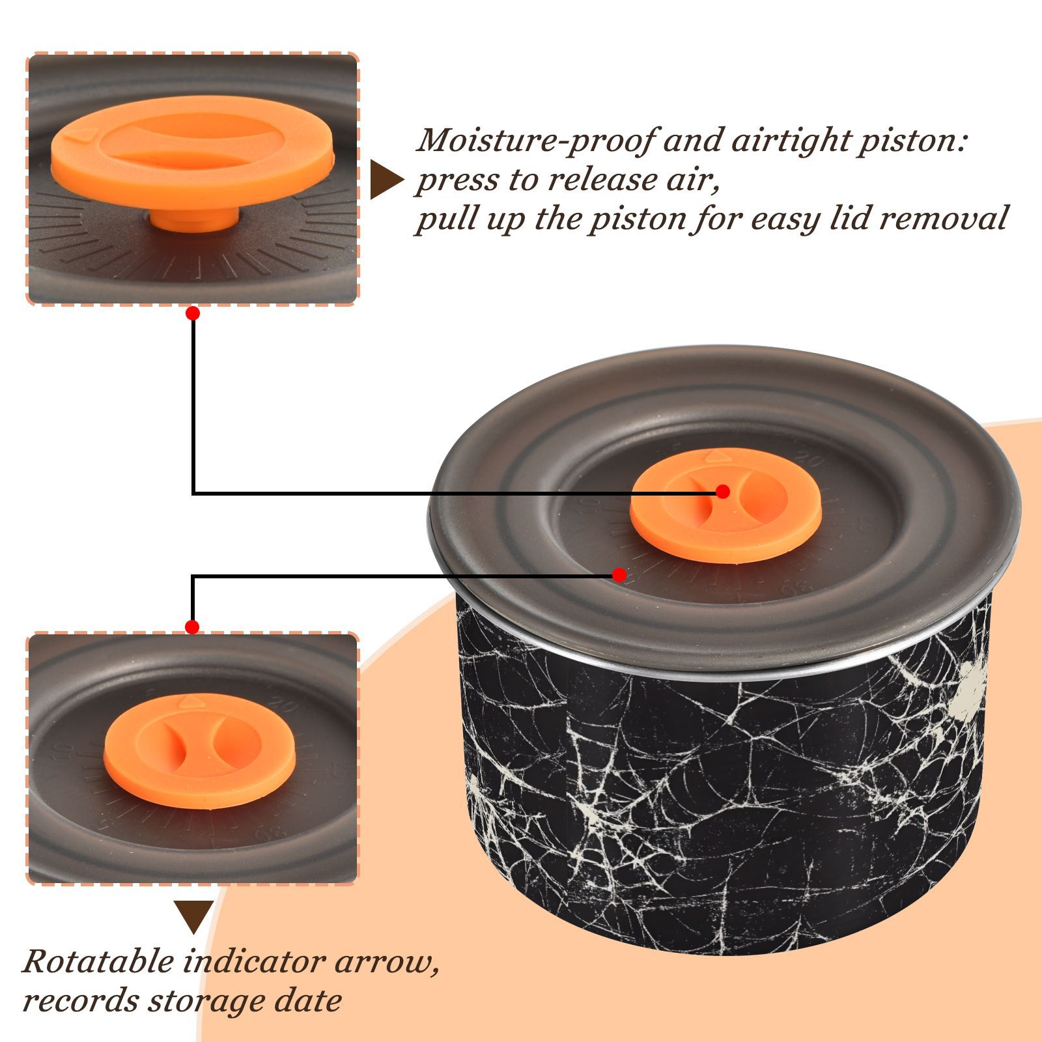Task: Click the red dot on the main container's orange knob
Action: coord(722,492)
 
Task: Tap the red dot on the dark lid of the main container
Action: coord(619,575)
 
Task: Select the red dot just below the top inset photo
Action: coord(192,313)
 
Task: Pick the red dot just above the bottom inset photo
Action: coord(191,627)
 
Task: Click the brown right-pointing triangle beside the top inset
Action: coord(387,180)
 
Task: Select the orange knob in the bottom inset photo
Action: coord(200,751)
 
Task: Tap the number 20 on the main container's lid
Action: coord(809,461)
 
